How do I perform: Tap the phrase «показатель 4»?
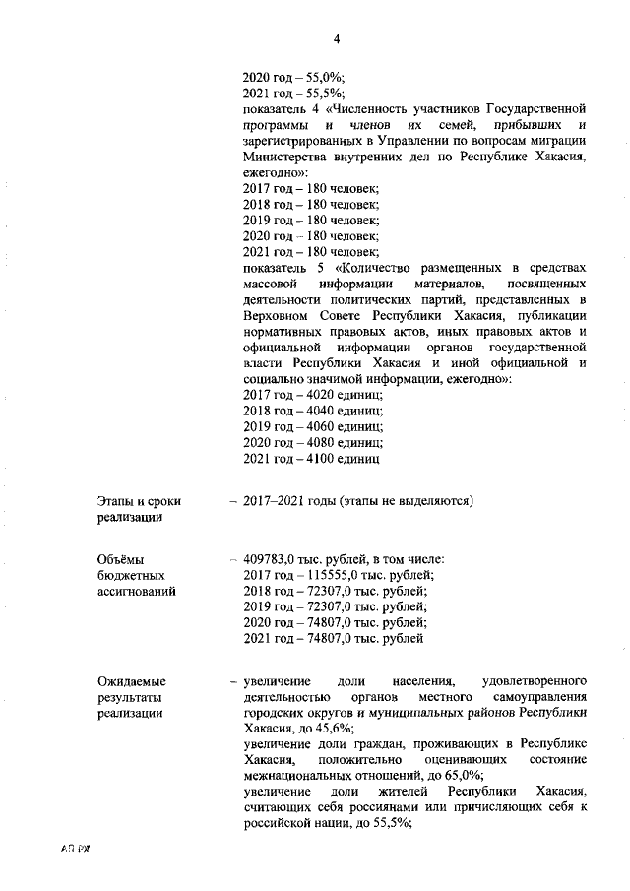(x=283, y=110)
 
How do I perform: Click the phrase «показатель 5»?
(x=283, y=268)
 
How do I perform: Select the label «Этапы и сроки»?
(x=139, y=501)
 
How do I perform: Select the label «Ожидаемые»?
(x=132, y=681)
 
